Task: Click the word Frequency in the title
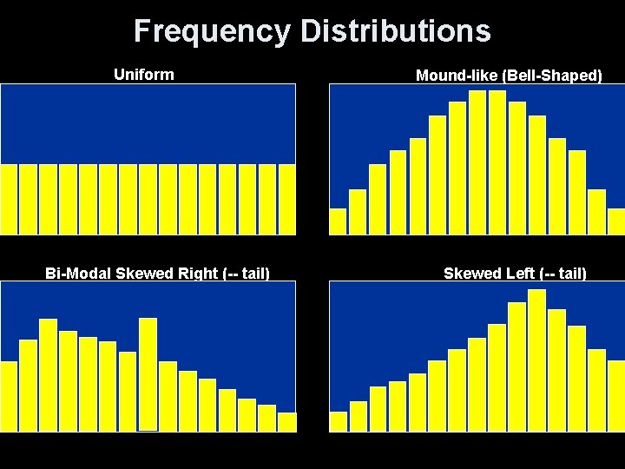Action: click(x=212, y=31)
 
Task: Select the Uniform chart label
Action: click(x=143, y=75)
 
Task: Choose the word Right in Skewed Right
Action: click(x=196, y=274)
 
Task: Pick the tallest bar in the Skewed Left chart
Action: click(x=536, y=360)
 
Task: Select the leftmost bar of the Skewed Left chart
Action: click(x=338, y=421)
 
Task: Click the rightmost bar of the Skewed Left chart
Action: click(x=615, y=395)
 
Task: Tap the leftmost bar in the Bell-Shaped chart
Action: click(x=338, y=221)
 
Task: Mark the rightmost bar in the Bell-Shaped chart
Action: click(x=615, y=221)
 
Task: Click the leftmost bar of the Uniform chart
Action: click(x=9, y=199)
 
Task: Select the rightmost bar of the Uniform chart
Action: click(x=287, y=199)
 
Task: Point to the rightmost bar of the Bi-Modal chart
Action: click(x=287, y=422)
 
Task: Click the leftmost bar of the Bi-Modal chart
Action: click(x=9, y=396)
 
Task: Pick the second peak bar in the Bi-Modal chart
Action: click(x=148, y=373)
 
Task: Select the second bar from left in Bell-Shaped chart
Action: click(x=358, y=212)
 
